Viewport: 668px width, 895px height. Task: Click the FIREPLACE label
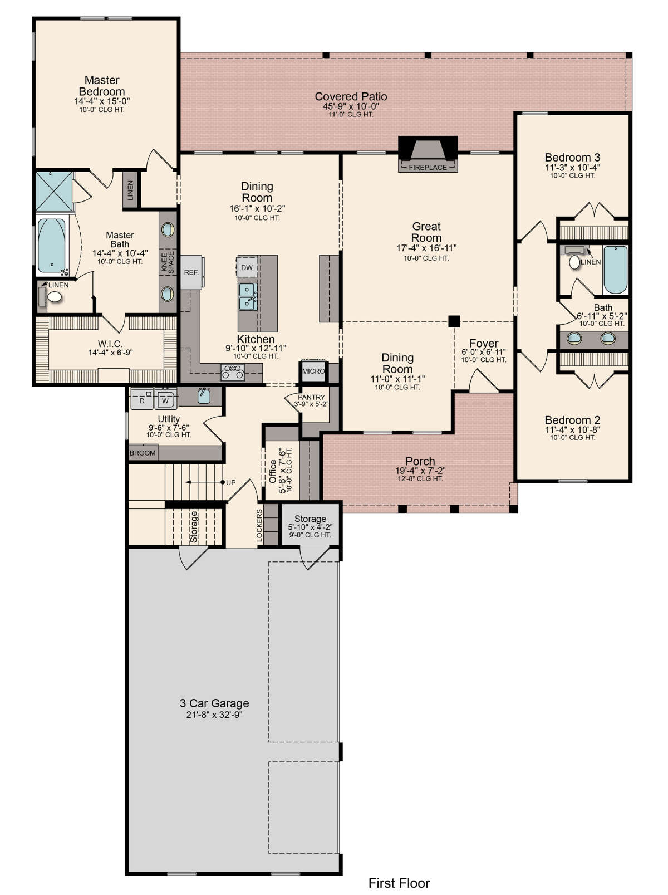coord(427,167)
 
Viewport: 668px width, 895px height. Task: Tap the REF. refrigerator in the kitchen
coord(191,272)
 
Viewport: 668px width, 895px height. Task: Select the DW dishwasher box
coord(247,267)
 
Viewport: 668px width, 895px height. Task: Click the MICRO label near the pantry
coord(313,371)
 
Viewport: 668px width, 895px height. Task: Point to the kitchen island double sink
coord(248,296)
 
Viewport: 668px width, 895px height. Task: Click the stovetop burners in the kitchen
coord(233,372)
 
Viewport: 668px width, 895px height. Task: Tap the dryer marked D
coord(143,398)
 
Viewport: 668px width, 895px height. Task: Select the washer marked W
coord(165,398)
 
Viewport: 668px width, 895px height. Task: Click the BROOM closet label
coord(143,453)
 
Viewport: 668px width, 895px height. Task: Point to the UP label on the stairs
coord(230,482)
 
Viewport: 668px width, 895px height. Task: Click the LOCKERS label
coord(259,526)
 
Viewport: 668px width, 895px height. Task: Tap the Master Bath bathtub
coord(52,247)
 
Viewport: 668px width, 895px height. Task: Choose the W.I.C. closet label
coord(110,344)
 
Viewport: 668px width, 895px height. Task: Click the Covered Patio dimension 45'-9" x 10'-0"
coord(351,106)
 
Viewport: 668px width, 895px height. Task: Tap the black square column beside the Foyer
coord(454,321)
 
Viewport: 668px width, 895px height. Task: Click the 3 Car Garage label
coord(214,703)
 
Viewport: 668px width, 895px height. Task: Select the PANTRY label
coord(311,397)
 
